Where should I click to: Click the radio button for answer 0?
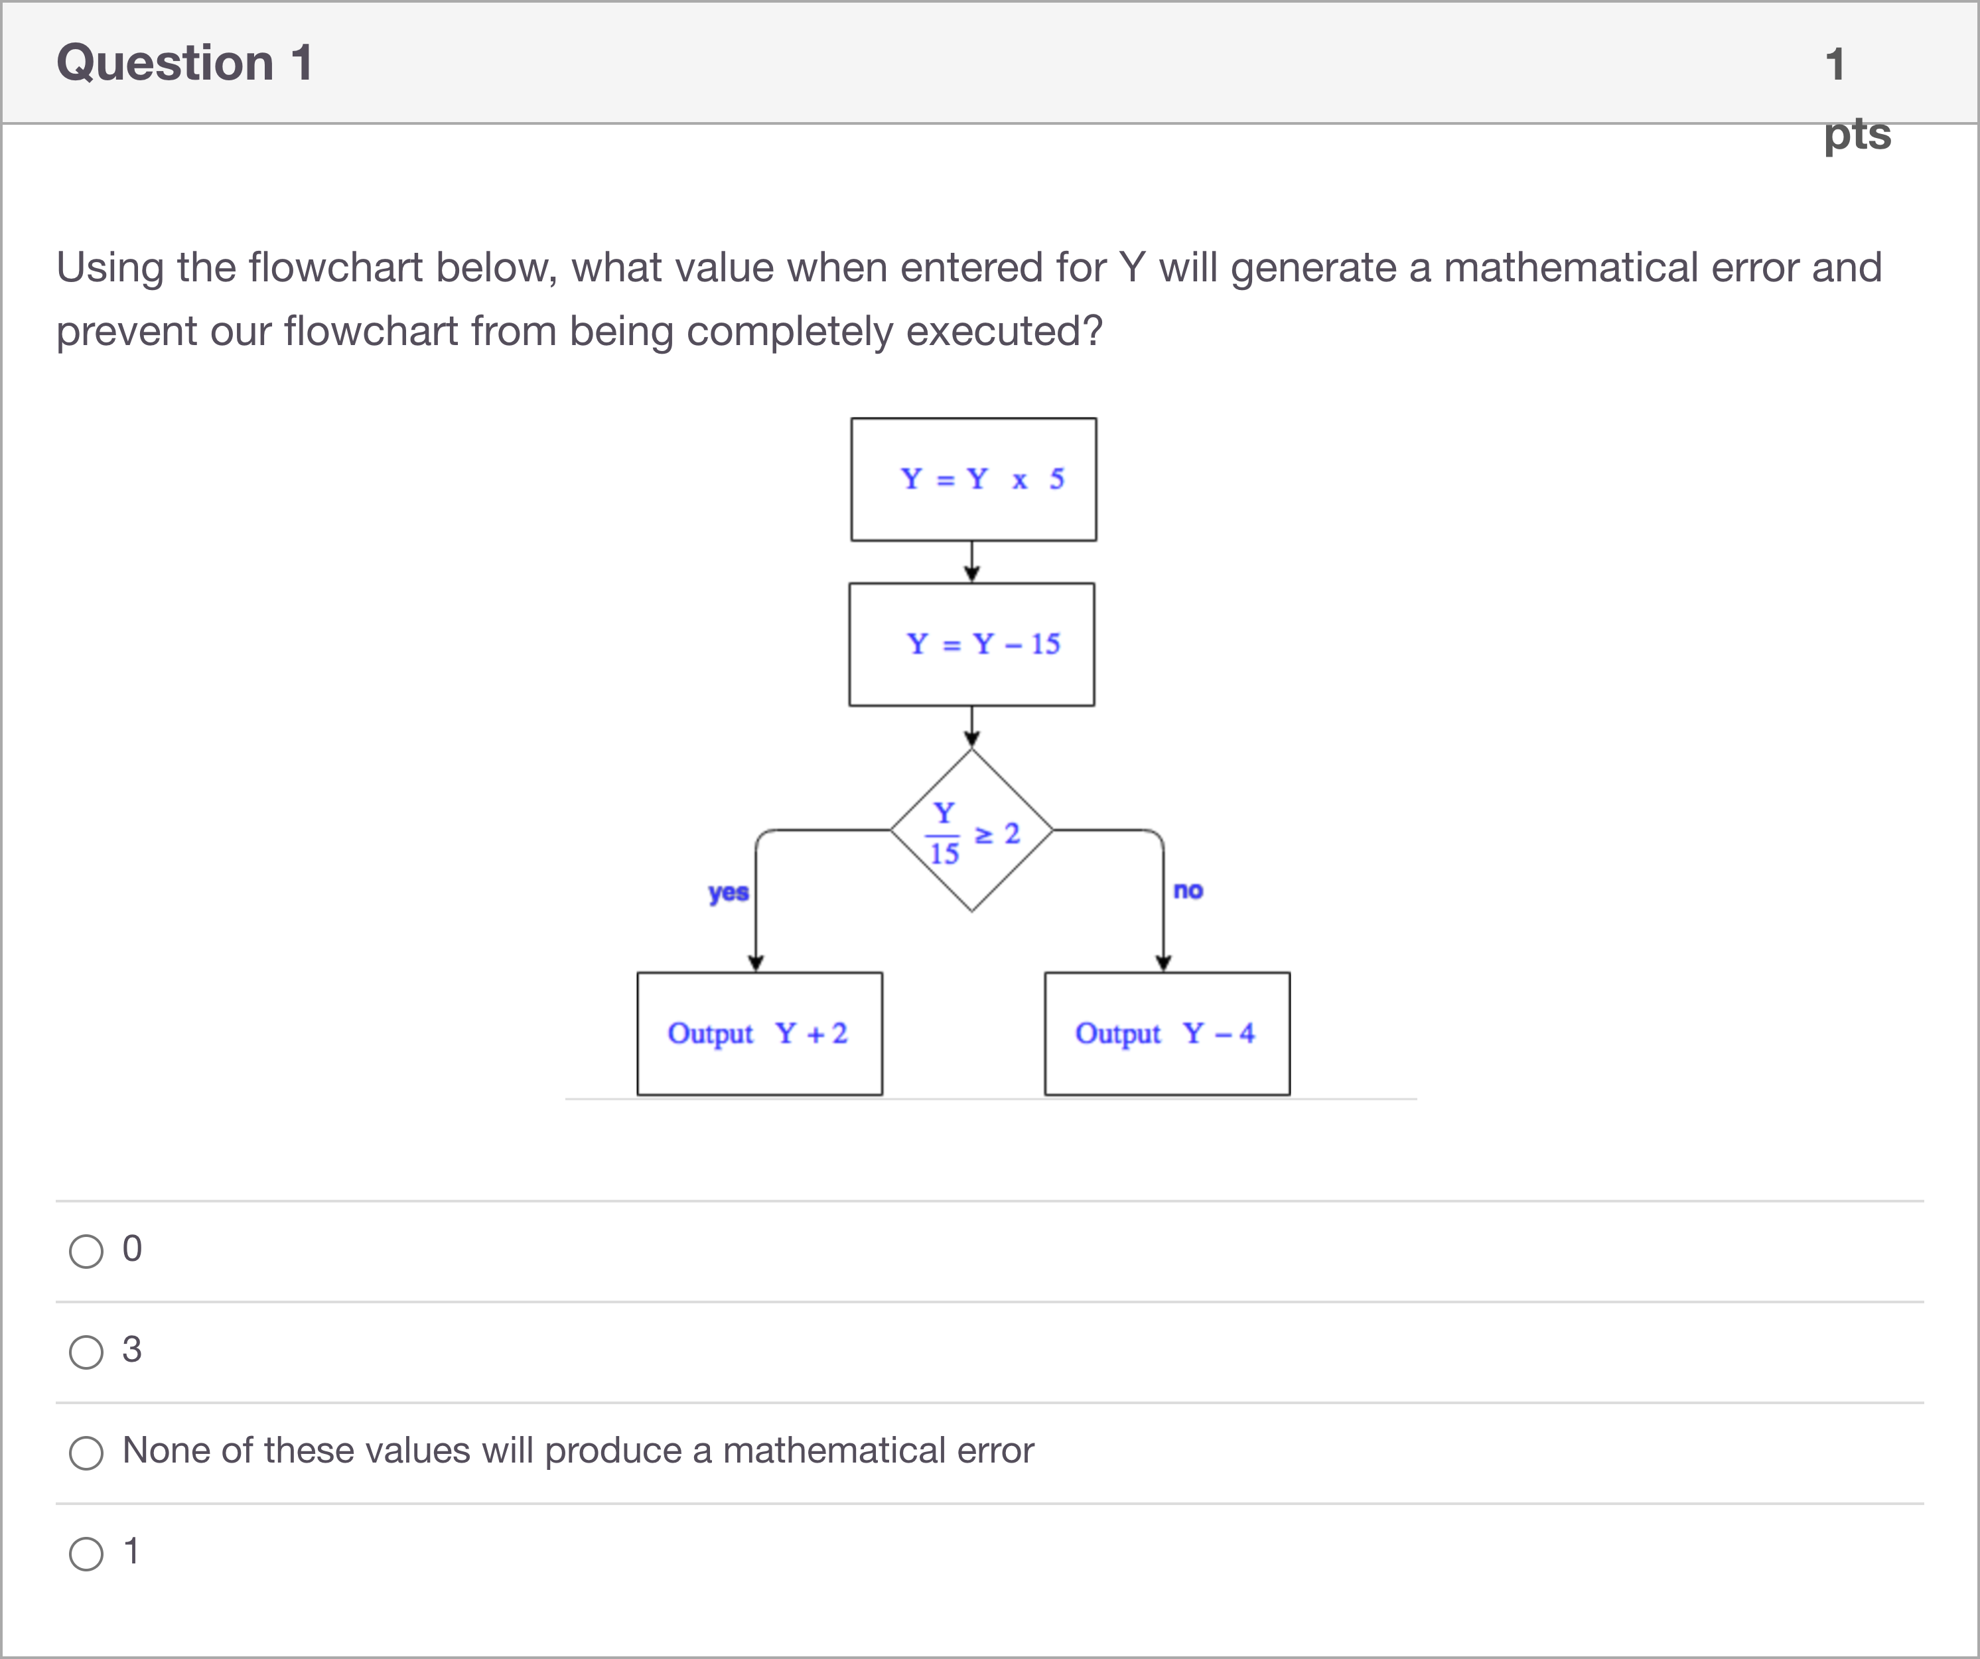tap(86, 1252)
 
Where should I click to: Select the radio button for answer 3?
tap(86, 1352)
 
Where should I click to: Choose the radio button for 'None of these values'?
tap(86, 1453)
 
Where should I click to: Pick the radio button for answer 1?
tap(86, 1554)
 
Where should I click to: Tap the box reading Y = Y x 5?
tap(973, 479)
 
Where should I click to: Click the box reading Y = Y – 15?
tap(971, 644)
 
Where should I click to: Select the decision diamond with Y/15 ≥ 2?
tap(972, 831)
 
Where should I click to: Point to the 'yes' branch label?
tap(728, 893)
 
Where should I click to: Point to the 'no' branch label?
tap(1188, 891)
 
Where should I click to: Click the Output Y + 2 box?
tap(759, 1034)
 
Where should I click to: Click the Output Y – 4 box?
tap(1167, 1034)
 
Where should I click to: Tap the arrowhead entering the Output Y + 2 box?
tap(755, 963)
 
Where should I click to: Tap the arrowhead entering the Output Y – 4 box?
tap(1163, 963)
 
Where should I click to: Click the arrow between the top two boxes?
tap(972, 561)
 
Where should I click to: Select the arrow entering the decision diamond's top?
tap(972, 727)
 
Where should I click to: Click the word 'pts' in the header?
tap(1857, 134)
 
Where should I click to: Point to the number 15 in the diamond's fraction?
tap(944, 853)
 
